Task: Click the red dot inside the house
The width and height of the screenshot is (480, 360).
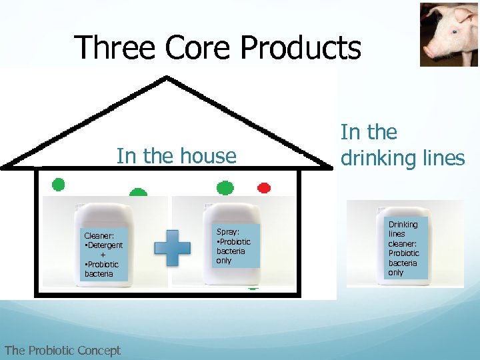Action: (x=264, y=187)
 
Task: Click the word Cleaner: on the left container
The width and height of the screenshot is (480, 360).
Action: (x=99, y=235)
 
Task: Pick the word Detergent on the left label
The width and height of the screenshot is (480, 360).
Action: (x=105, y=245)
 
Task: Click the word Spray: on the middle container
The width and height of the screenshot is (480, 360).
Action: (x=228, y=231)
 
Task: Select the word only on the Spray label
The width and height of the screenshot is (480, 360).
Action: (x=224, y=261)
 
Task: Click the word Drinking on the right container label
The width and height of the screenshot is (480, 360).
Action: (x=403, y=225)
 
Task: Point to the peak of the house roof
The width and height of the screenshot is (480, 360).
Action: (x=166, y=78)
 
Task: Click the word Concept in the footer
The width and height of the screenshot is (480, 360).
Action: (x=99, y=351)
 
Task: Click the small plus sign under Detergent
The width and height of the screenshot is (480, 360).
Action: (x=102, y=255)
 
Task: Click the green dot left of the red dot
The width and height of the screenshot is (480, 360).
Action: (x=225, y=188)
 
